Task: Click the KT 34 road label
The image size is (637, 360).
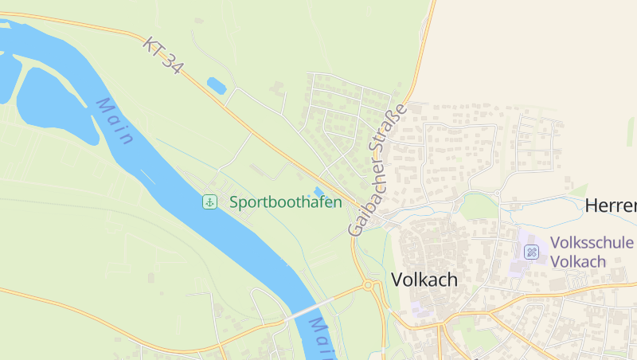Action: pos(163,56)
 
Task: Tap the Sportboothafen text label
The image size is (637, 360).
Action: pos(285,202)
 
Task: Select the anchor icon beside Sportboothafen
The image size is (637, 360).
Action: pos(209,202)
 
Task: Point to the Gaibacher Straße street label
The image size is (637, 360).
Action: pos(377,170)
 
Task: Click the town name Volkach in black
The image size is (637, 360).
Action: pos(424,280)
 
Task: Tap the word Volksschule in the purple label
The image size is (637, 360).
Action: pos(592,243)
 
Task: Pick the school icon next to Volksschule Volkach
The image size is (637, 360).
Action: pos(531,252)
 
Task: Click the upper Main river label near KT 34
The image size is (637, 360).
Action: pos(115,121)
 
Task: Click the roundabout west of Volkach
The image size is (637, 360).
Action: pos(369,284)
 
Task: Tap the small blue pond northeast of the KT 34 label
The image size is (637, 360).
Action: pos(216,85)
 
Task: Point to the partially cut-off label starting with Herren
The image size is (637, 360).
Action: pos(611,205)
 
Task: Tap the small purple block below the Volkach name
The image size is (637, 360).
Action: pos(420,307)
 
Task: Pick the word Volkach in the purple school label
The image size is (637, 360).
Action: pos(578,262)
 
